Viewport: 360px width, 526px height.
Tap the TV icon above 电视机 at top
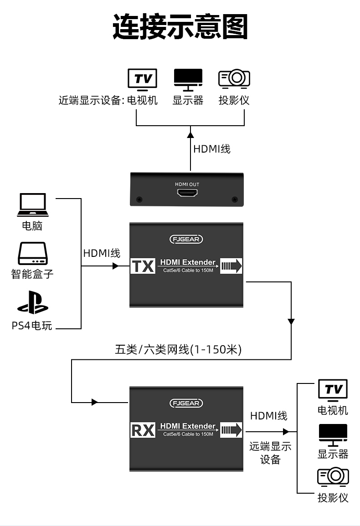tap(142, 78)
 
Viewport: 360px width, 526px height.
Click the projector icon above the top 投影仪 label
tap(234, 78)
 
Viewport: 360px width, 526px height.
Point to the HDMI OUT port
tap(187, 194)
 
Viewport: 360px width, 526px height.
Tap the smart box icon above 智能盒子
tap(32, 254)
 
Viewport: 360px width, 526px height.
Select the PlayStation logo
tap(32, 302)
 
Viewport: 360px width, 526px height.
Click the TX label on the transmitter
tap(143, 266)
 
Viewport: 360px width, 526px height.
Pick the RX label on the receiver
tap(143, 430)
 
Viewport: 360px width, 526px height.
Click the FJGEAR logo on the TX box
tap(186, 239)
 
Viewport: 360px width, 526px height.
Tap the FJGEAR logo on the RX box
tap(186, 403)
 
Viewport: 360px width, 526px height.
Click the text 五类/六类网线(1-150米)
tap(178, 350)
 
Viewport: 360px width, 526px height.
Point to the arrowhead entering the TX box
tap(115, 266)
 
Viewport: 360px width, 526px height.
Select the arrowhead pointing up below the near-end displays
tap(190, 134)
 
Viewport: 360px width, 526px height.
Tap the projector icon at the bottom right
tap(333, 477)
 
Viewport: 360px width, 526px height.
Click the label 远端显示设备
tap(270, 453)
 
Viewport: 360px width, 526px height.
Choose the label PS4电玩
tap(32, 326)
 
